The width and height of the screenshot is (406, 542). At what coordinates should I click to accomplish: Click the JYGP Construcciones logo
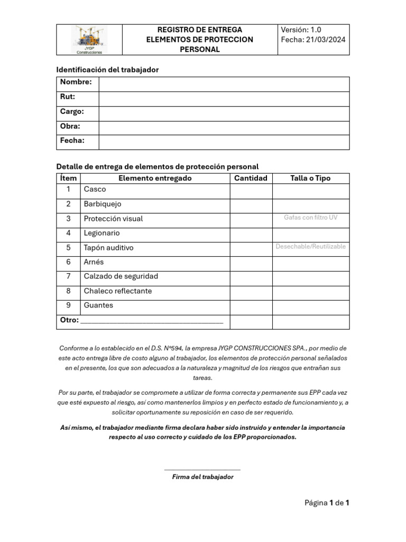click(89, 40)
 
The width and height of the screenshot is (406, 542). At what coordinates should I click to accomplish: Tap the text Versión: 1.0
click(301, 30)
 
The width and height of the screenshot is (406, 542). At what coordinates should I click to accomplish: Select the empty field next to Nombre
click(224, 84)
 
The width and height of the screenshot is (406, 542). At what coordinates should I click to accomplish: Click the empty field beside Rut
click(224, 99)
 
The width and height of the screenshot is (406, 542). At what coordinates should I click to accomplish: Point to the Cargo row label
click(72, 112)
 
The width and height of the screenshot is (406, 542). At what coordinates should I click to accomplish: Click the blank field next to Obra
click(224, 128)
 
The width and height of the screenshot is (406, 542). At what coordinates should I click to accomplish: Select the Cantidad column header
click(251, 178)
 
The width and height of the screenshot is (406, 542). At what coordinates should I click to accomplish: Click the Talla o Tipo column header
click(310, 178)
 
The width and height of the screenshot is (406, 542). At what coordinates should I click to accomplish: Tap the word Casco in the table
click(95, 189)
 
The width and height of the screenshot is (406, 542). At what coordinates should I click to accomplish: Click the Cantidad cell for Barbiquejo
click(251, 205)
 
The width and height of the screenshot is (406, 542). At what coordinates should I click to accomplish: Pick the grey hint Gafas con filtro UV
click(310, 218)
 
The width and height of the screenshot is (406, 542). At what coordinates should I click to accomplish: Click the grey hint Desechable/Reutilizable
click(310, 247)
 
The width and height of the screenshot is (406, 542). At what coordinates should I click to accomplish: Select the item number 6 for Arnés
click(68, 262)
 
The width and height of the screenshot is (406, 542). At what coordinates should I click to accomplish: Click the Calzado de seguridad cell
click(121, 276)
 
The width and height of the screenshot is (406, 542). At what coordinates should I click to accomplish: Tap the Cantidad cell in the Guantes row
click(251, 307)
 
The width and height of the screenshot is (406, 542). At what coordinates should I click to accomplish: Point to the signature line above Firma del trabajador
click(202, 469)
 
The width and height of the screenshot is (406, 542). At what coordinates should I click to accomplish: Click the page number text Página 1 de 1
click(327, 503)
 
